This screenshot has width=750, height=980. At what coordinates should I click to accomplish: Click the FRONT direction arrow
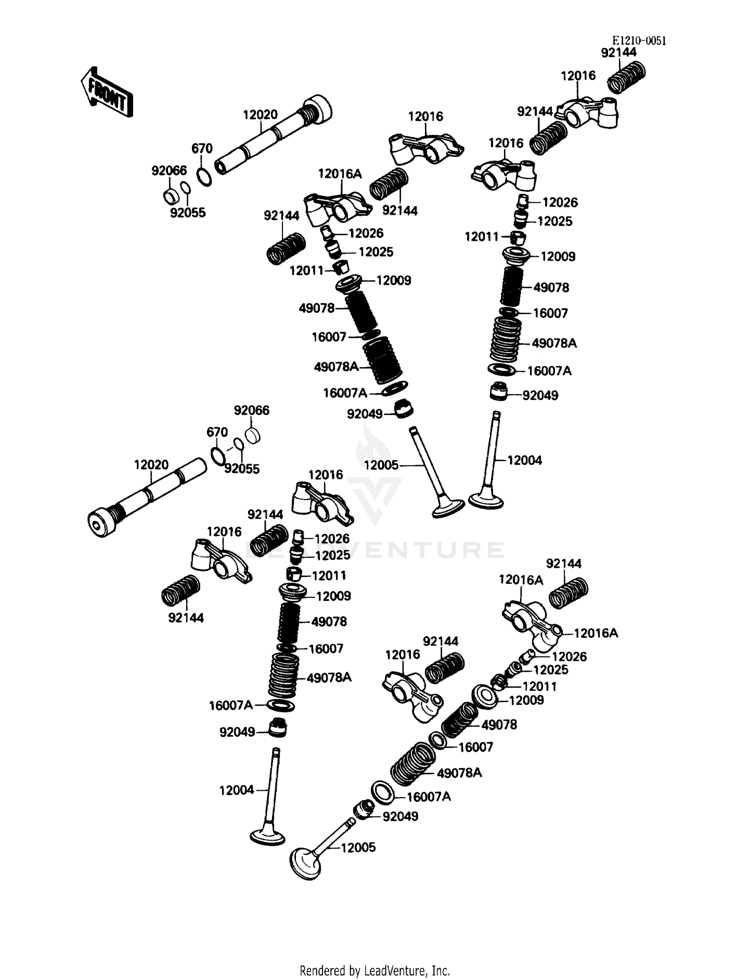106,93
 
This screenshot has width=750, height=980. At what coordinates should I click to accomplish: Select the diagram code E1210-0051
639,41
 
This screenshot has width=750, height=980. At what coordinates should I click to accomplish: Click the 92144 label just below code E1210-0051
618,52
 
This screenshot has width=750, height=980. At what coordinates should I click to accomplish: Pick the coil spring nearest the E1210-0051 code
626,76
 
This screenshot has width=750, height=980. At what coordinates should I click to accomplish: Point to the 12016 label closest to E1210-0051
578,75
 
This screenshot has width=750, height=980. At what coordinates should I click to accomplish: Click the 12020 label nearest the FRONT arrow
260,115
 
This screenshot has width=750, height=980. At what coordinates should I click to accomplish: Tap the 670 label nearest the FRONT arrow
202,148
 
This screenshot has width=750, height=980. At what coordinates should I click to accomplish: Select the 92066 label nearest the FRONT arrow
169,170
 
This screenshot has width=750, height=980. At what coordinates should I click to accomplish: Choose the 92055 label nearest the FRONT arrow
187,213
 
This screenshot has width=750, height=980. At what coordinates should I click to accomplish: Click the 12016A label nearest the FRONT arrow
339,174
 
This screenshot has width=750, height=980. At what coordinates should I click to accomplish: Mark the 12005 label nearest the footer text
358,847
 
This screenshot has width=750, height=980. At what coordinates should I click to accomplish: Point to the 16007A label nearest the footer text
428,797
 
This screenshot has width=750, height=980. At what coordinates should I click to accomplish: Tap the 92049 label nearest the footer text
400,816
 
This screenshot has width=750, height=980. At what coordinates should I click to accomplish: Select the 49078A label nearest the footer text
459,773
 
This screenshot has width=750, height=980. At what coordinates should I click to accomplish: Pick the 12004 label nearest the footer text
236,790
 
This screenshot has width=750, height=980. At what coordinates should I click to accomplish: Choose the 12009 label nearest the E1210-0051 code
558,256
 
